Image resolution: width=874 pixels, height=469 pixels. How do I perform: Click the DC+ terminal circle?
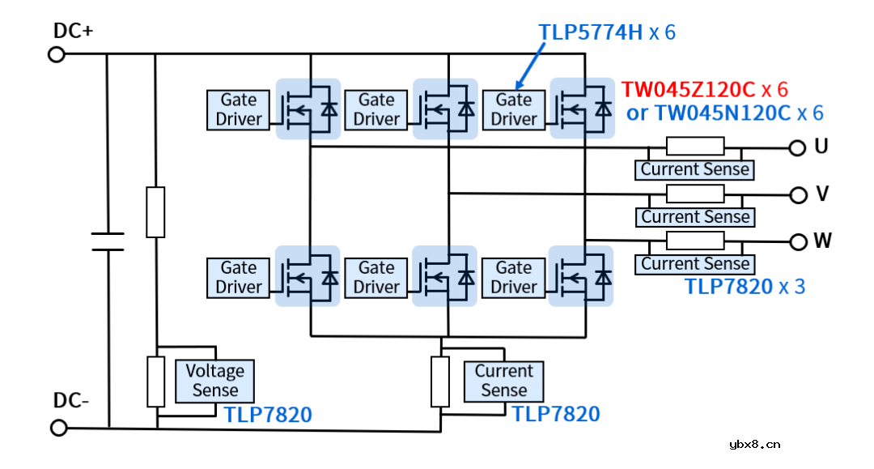[x=57, y=54]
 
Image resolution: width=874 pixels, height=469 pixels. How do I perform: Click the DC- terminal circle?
[x=58, y=427]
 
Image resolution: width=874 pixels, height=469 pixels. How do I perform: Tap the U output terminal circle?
[x=798, y=147]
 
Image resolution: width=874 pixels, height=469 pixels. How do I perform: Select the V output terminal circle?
[x=799, y=194]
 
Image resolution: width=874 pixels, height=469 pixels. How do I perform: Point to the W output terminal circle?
[x=800, y=241]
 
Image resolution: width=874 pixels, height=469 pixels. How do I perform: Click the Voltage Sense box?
[x=214, y=381]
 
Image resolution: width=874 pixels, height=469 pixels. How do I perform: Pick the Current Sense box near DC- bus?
[x=503, y=381]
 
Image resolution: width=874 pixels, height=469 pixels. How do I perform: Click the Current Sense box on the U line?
[x=695, y=169]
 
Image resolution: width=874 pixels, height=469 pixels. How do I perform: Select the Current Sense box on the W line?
[x=695, y=264]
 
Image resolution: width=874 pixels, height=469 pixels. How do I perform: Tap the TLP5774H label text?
[x=591, y=32]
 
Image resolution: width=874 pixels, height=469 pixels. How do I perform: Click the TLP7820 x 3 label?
[x=745, y=286]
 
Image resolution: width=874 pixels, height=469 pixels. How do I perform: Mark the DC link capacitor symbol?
[x=108, y=241]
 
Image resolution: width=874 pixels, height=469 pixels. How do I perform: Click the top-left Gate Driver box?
[x=239, y=109]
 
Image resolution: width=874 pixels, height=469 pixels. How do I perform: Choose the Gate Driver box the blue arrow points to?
[x=513, y=109]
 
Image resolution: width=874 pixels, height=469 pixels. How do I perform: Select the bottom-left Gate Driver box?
[x=239, y=277]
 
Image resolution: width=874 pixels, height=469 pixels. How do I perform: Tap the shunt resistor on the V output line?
[x=694, y=194]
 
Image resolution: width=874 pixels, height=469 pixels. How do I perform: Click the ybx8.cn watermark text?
[x=754, y=444]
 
